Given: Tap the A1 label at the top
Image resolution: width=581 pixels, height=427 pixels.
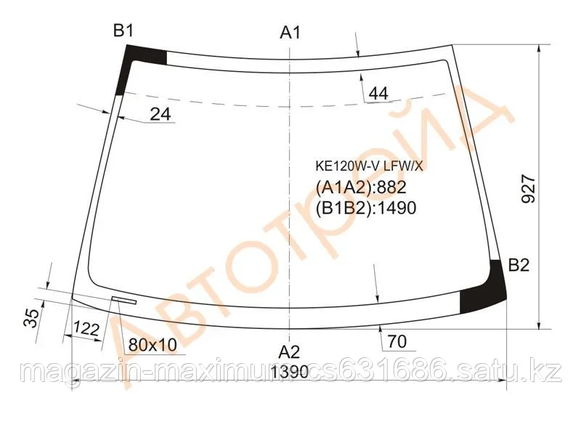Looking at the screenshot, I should pyautogui.click(x=290, y=32).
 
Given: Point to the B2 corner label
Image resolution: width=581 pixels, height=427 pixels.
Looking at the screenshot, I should pyautogui.click(x=519, y=265).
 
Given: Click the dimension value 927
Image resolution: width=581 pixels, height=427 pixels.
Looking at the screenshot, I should pyautogui.click(x=528, y=191).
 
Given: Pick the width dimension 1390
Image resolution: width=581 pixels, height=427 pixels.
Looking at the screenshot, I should pyautogui.click(x=289, y=373).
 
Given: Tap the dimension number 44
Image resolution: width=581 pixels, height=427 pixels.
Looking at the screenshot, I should pyautogui.click(x=378, y=93).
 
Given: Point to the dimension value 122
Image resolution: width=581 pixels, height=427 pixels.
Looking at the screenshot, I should pyautogui.click(x=86, y=329).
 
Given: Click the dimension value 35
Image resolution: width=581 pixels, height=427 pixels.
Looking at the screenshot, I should pyautogui.click(x=31, y=317).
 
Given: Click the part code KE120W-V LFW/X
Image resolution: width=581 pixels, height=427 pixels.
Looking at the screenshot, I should pyautogui.click(x=367, y=164).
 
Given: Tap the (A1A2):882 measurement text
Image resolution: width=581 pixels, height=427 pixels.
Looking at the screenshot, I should pyautogui.click(x=360, y=187).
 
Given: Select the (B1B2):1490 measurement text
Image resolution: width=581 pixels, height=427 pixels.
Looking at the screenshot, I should pyautogui.click(x=365, y=209).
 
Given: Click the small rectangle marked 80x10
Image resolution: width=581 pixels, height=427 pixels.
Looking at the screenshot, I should pyautogui.click(x=124, y=299).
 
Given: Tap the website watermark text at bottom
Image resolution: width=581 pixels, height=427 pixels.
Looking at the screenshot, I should pyautogui.click(x=290, y=373).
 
